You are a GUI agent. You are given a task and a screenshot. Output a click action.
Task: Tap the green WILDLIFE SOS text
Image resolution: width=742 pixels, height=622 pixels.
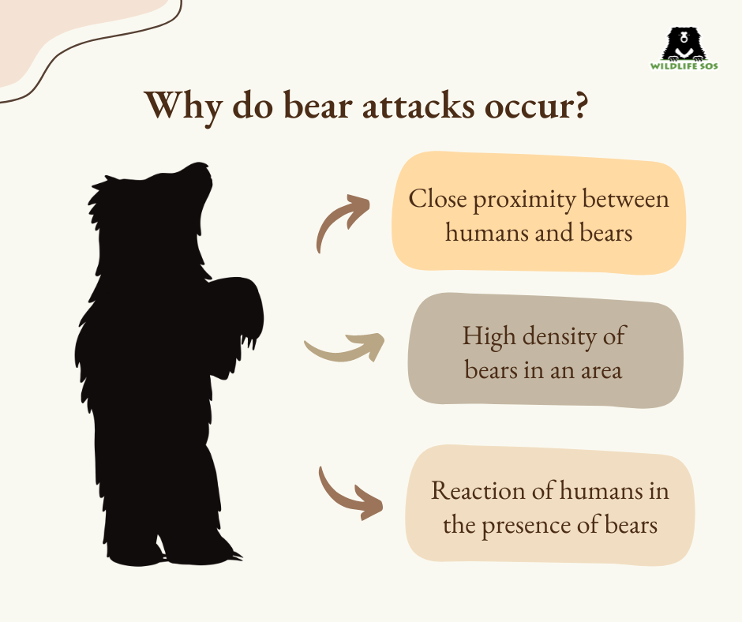(684, 66)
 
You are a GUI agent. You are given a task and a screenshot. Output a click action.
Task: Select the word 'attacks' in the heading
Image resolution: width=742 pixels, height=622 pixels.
(418, 105)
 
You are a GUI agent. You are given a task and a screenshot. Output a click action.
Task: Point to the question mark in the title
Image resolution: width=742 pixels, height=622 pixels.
(579, 105)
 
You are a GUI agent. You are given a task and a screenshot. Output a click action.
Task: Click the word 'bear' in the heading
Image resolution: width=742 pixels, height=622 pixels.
(320, 104)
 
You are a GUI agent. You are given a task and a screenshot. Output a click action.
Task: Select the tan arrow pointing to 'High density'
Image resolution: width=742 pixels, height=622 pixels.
(343, 349)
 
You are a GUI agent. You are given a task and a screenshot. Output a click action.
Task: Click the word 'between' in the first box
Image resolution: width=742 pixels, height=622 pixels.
(626, 199)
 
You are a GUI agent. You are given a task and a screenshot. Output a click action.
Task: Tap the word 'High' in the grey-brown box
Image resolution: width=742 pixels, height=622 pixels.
(489, 337)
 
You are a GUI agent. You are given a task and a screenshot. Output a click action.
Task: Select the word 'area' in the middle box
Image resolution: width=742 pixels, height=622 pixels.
(601, 371)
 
